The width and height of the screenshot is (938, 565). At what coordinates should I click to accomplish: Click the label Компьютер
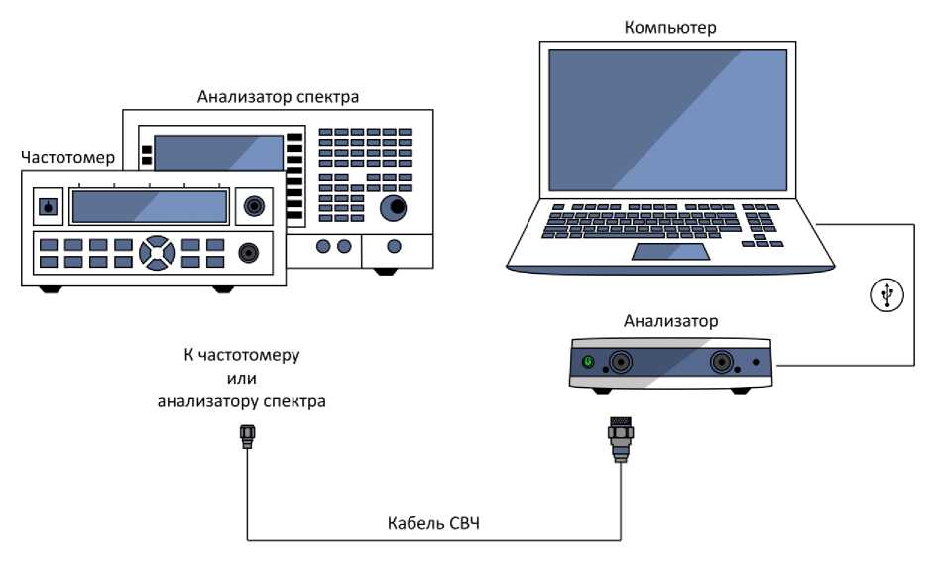click(x=669, y=27)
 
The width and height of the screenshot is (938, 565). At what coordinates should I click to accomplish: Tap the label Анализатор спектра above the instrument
click(x=278, y=97)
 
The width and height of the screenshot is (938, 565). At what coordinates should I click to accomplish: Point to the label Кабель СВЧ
click(x=433, y=521)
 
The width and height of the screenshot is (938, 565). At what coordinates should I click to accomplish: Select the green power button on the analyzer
click(x=588, y=363)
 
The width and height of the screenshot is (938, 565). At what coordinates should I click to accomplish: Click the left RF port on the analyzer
click(x=622, y=363)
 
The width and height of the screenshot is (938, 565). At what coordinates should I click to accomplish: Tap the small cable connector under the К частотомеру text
click(x=246, y=436)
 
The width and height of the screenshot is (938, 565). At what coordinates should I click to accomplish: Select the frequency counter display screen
click(x=150, y=206)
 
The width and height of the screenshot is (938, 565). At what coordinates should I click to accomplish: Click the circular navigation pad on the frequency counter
click(x=157, y=252)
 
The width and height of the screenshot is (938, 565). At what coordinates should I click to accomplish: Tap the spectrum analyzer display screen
click(x=218, y=155)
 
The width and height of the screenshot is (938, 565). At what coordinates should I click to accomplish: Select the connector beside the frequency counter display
click(x=255, y=206)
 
